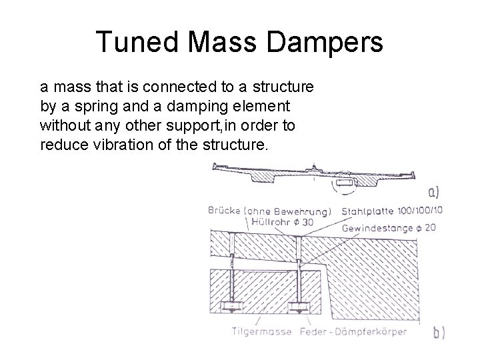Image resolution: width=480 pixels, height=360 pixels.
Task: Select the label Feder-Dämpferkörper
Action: [x=357, y=331]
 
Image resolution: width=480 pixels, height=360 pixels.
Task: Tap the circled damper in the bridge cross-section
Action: [x=346, y=181]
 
